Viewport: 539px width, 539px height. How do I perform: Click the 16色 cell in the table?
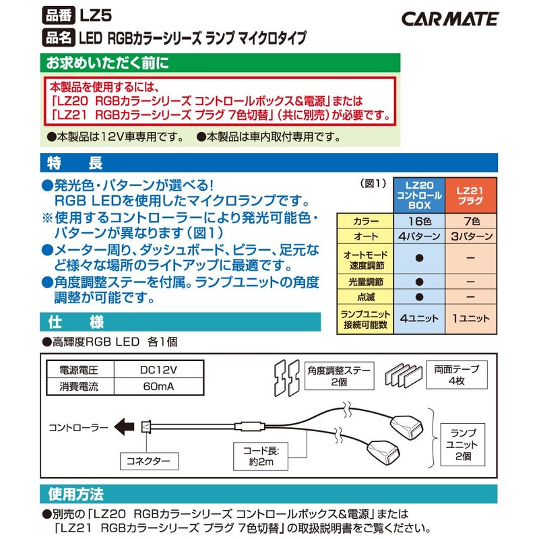click(x=419, y=222)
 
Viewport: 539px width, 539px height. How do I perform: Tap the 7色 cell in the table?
click(x=472, y=222)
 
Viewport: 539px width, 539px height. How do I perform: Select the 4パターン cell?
click(x=419, y=237)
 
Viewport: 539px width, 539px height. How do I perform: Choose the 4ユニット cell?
click(x=419, y=317)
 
